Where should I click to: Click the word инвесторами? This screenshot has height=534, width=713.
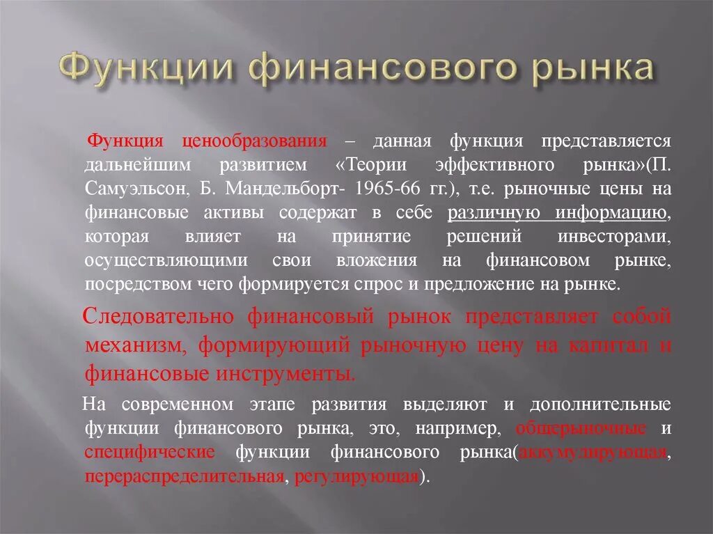[x=614, y=236]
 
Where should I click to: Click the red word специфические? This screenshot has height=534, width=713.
[x=150, y=452]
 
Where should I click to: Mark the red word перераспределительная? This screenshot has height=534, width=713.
[x=185, y=477]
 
